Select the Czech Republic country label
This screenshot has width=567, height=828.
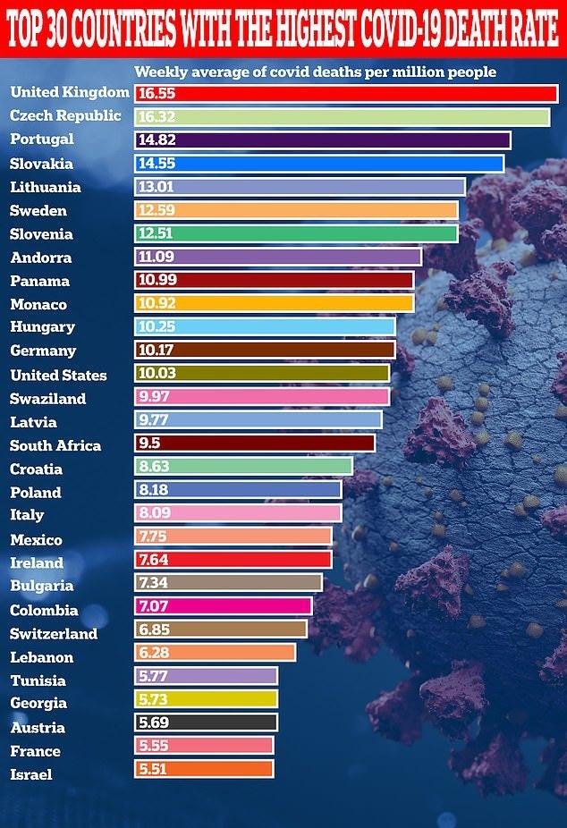tap(65, 116)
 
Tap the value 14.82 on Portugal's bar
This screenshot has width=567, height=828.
tap(157, 140)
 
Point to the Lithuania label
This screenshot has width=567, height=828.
tap(46, 187)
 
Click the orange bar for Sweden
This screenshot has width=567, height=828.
tap(296, 211)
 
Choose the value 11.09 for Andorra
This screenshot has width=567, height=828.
tap(157, 258)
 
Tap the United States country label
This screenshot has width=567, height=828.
tap(58, 375)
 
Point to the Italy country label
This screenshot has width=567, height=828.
tap(27, 514)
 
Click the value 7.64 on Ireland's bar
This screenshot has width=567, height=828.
tap(154, 562)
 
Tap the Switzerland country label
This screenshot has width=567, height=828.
tap(54, 634)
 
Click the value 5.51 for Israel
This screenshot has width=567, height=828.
tap(153, 774)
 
